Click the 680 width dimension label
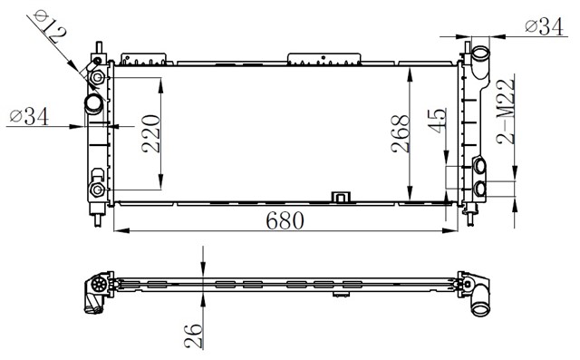[x=285, y=220]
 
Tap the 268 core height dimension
[x=401, y=134]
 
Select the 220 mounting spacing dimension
[x=151, y=133]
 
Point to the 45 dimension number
[x=437, y=121]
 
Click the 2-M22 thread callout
[x=506, y=112]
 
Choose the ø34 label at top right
[x=544, y=26]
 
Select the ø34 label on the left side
[x=29, y=116]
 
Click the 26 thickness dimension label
[x=193, y=336]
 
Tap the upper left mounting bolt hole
[x=98, y=77]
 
